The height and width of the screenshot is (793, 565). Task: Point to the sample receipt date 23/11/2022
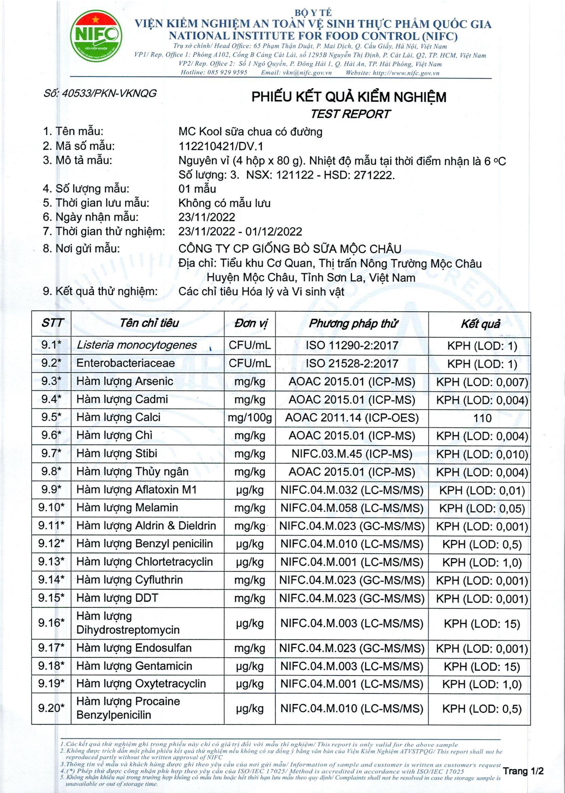coord(207,217)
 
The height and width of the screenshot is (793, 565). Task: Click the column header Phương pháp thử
coord(352,324)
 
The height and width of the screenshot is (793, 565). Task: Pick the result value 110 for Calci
coord(482,418)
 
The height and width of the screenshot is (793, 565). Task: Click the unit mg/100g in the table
coord(250,418)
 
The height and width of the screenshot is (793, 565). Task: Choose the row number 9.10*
coord(51,508)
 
